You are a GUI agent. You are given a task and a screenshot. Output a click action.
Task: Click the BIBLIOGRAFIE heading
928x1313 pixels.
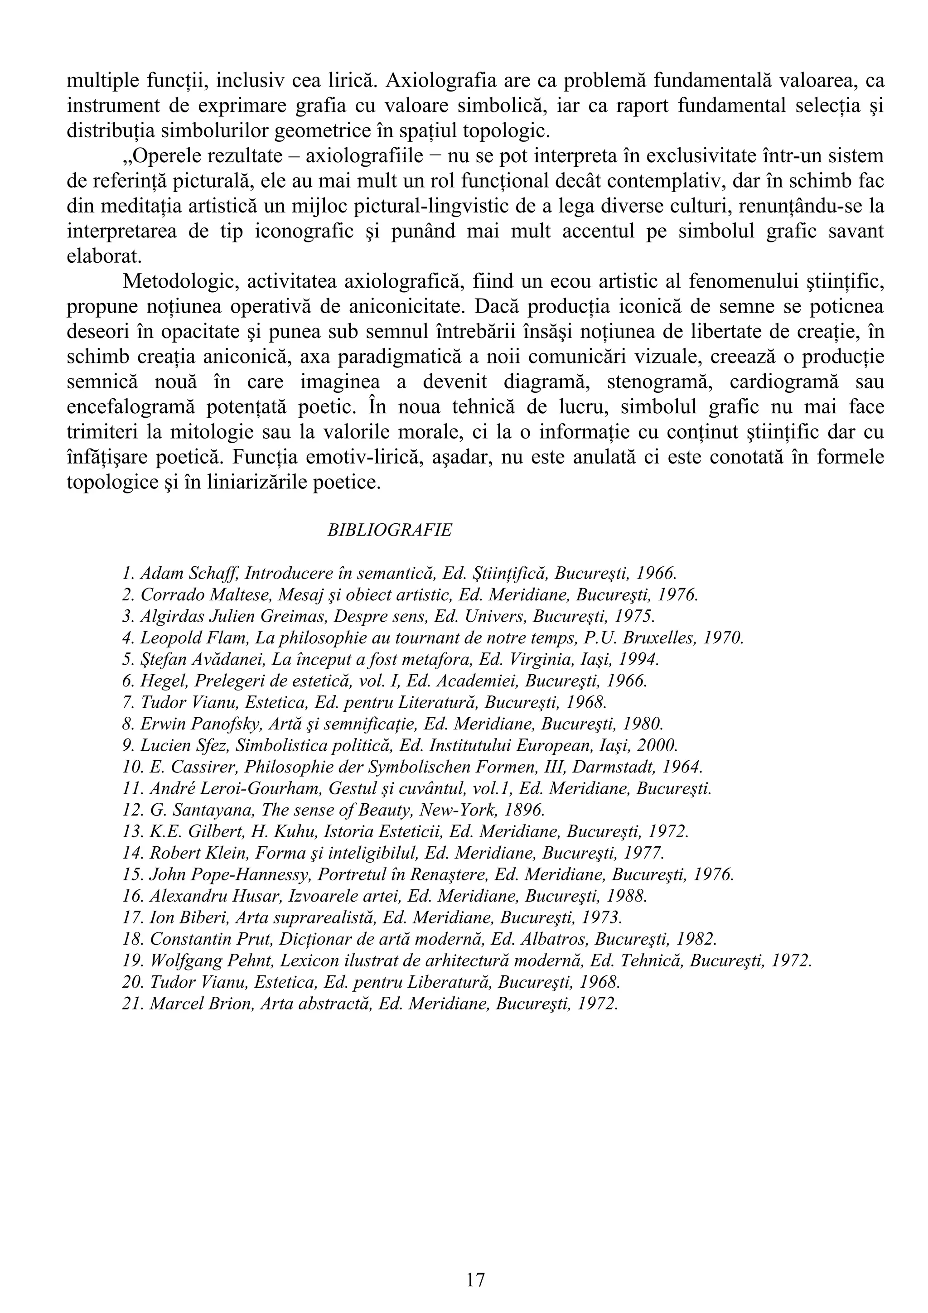(x=389, y=530)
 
